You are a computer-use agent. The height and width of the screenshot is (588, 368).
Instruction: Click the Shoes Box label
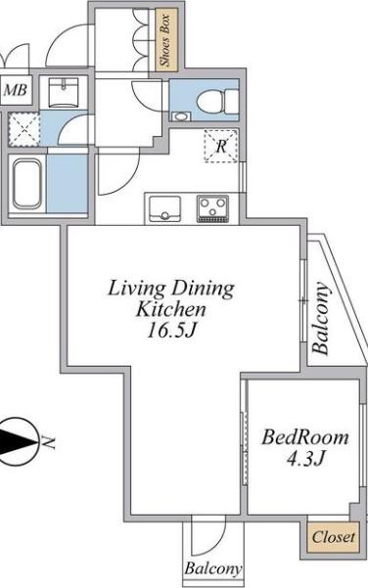point(165,40)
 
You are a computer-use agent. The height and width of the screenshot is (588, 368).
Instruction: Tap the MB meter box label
point(16,90)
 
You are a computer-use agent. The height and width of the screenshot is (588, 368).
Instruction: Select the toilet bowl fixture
point(217,101)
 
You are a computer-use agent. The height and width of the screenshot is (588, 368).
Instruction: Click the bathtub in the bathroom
point(27,183)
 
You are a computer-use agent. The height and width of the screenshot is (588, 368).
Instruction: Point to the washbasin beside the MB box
point(64,92)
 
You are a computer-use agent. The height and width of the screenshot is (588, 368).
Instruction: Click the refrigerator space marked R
point(221,146)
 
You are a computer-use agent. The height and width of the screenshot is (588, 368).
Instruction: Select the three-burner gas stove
point(212,208)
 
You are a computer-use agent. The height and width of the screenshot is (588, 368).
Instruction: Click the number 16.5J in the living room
point(171,331)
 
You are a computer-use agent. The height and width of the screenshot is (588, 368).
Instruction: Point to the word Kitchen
point(170,310)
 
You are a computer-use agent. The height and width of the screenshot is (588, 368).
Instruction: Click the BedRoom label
point(305,437)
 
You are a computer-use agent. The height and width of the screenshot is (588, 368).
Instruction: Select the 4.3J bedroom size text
point(305,458)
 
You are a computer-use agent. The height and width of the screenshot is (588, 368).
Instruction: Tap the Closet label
point(333,537)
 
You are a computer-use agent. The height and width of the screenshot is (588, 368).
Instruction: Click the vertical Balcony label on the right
point(321,318)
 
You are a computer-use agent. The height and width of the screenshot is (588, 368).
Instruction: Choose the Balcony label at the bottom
point(213,568)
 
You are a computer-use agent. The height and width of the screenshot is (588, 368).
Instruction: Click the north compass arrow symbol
point(17,441)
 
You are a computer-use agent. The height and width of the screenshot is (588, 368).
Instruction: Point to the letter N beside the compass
point(48,442)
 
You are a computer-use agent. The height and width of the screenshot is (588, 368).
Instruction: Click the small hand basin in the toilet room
point(180,116)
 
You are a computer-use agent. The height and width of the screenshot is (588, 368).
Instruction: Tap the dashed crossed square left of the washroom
point(24,129)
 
